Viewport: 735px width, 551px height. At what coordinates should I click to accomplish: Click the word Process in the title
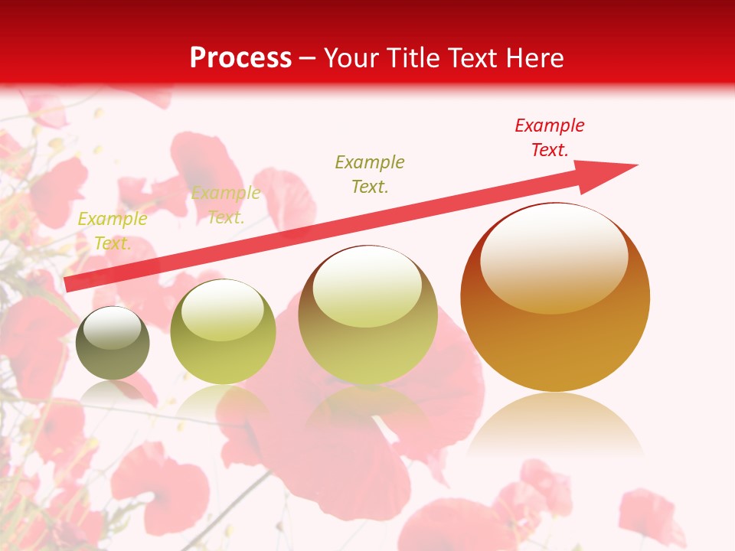[240, 58]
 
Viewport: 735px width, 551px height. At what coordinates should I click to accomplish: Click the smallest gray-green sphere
[113, 344]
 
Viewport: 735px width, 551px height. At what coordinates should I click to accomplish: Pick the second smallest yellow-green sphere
[223, 332]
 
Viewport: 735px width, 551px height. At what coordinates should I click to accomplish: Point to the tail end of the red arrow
[68, 285]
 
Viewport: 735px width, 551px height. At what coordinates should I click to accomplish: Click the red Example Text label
[549, 138]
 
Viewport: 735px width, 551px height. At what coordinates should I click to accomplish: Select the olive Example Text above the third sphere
[370, 174]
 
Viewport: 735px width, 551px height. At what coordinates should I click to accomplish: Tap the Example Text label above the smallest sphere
[113, 231]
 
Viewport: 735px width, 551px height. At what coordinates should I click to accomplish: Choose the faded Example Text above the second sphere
[226, 205]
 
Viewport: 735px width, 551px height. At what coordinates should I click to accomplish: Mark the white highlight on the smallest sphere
[113, 327]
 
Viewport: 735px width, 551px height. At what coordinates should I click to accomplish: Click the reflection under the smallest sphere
[113, 390]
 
